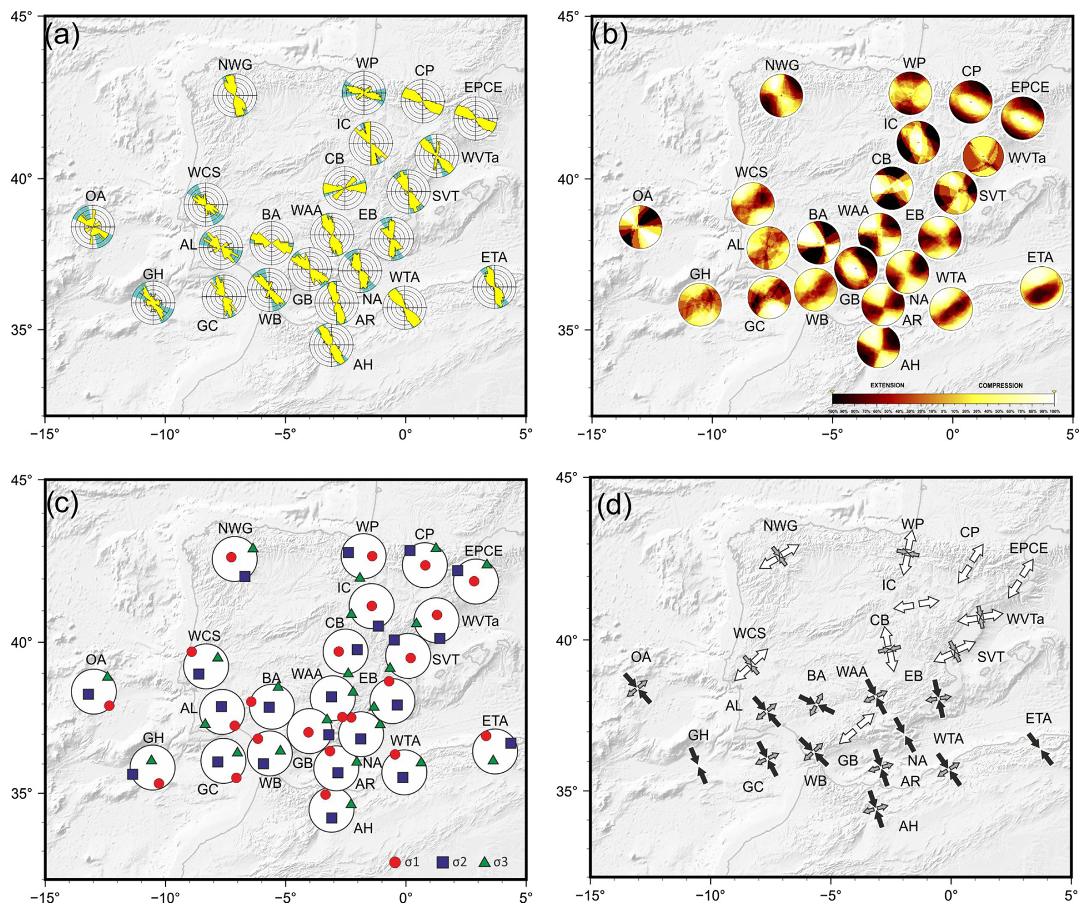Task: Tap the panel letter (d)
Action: tap(614, 505)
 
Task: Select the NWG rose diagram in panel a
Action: tap(235, 95)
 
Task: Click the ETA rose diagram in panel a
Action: tap(495, 286)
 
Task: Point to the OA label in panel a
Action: tap(96, 196)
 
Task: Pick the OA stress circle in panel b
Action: tap(641, 227)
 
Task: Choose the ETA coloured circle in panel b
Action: tap(1042, 288)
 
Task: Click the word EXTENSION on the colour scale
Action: tap(887, 385)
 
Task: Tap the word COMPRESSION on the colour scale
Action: tap(1000, 385)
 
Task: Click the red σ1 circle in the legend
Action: tap(395, 862)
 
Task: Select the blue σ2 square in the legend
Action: tap(442, 862)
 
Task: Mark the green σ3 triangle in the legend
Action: tap(485, 862)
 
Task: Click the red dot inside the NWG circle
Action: tap(231, 557)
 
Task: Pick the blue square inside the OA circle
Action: tap(88, 694)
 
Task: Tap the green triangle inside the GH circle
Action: tap(152, 760)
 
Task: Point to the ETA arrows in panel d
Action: tap(1040, 749)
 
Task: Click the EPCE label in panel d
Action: tap(1029, 548)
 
